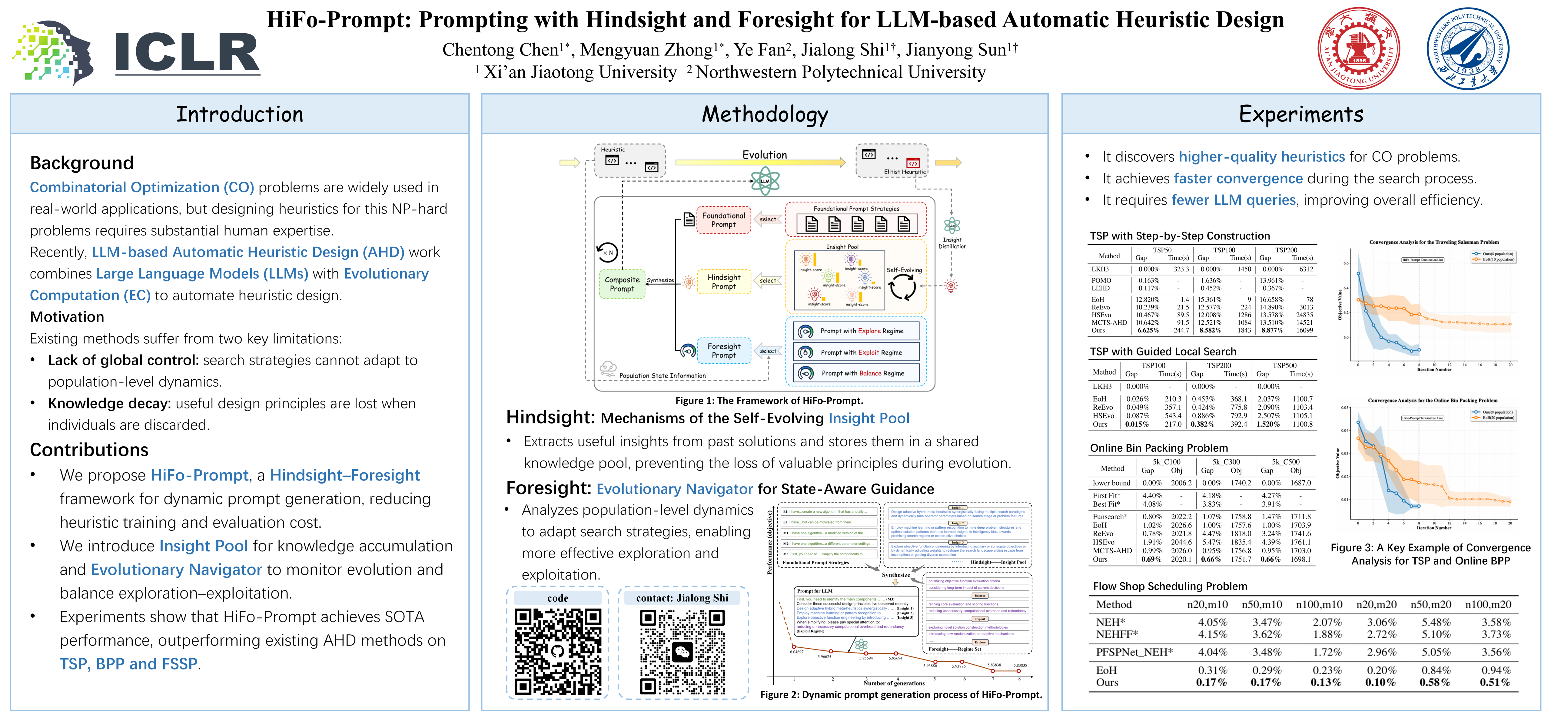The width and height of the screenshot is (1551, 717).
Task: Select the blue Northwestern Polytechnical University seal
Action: click(1468, 48)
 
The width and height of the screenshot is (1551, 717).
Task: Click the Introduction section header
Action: click(240, 114)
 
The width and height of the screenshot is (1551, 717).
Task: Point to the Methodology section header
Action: click(765, 114)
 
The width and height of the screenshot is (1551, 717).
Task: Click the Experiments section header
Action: click(1300, 114)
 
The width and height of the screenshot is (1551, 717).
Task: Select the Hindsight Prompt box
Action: click(724, 282)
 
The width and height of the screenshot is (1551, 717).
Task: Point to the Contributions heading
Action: click(89, 450)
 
